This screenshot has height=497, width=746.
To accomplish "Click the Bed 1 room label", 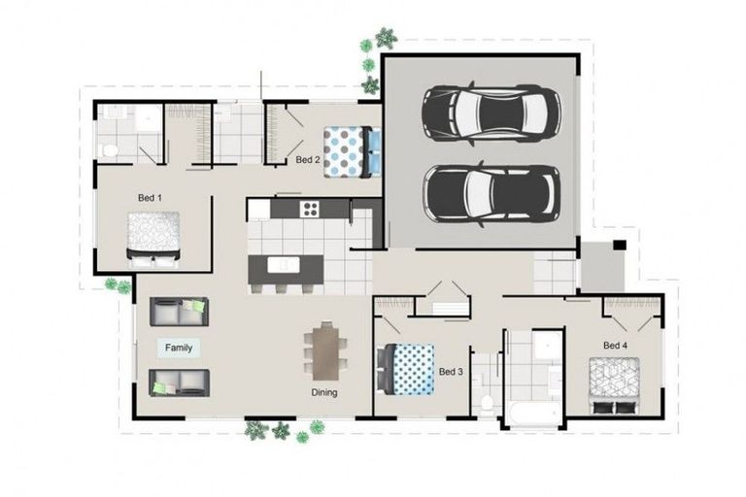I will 150,198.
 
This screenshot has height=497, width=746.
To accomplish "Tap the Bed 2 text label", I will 308,159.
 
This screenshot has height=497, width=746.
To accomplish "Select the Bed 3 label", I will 451,372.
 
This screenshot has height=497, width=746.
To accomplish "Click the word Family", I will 179,348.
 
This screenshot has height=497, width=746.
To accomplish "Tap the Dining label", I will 324,393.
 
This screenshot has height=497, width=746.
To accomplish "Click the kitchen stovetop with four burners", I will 311,208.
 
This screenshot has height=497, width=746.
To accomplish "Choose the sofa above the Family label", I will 179,312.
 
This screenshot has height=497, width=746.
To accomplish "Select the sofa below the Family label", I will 179,381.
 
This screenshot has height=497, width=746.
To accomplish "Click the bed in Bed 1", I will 153,238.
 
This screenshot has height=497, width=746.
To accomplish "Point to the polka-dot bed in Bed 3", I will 406,371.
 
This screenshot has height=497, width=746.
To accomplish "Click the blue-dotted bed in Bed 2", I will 346,151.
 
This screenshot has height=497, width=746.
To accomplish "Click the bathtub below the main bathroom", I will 532,414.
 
